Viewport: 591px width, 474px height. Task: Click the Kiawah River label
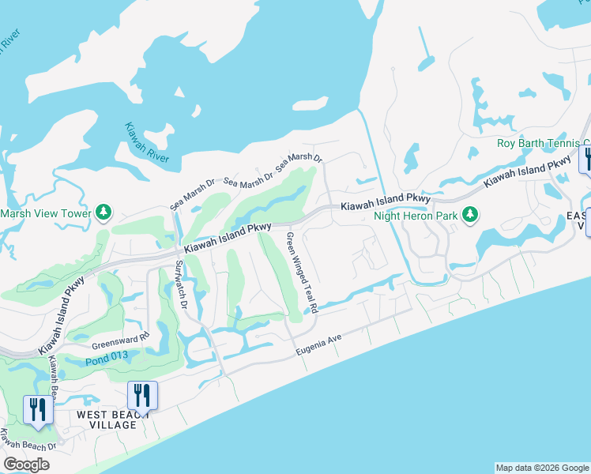click(147, 143)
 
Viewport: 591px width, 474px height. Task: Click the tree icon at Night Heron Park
click(470, 213)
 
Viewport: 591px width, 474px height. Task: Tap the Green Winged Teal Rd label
click(302, 273)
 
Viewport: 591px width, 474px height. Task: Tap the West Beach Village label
click(107, 419)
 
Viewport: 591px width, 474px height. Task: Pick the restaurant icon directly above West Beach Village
click(142, 394)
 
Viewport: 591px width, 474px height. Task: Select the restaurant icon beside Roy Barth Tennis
click(585, 158)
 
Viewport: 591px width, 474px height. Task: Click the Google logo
click(27, 465)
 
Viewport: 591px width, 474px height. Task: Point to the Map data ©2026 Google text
click(541, 468)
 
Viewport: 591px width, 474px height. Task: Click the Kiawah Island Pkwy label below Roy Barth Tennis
click(527, 170)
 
